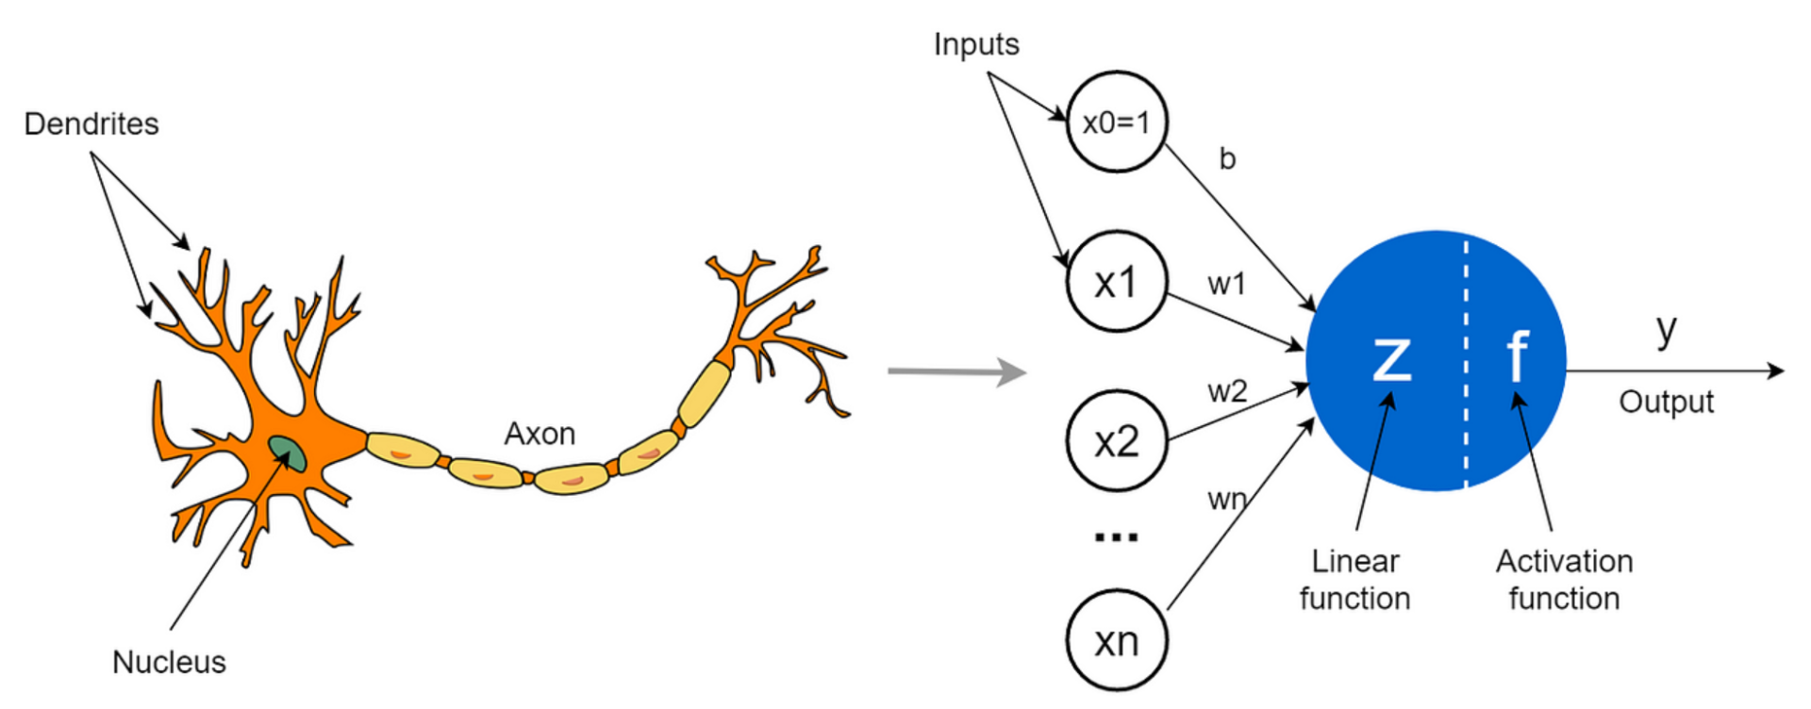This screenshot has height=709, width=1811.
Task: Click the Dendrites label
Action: coord(91,124)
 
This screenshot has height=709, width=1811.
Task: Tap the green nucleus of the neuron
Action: coord(287,453)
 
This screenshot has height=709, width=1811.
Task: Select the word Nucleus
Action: coord(169,663)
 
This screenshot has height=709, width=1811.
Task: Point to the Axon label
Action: coord(540,434)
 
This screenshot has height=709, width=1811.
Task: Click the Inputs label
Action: coord(976,44)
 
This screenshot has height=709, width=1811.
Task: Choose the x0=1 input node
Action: coord(1117,123)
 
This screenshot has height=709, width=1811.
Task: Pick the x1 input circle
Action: coord(1117,282)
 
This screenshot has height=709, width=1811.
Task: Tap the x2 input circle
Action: coord(1117,441)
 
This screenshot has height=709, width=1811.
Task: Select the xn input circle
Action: coord(1117,641)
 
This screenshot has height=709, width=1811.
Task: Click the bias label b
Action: coord(1227,158)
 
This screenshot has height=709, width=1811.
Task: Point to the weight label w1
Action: coord(1227,284)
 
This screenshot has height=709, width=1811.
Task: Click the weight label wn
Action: coord(1227,500)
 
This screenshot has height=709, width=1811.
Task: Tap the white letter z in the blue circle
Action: coord(1392,358)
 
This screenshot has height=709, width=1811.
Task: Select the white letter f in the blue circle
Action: coord(1516,356)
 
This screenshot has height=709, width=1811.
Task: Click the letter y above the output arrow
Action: coord(1667,329)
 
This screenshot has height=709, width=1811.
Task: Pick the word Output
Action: coord(1667,403)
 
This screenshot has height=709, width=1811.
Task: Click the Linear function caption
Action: coord(1355,580)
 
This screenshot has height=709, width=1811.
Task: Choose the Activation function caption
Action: coord(1565,580)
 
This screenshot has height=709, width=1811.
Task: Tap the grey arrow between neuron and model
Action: coord(956,371)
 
